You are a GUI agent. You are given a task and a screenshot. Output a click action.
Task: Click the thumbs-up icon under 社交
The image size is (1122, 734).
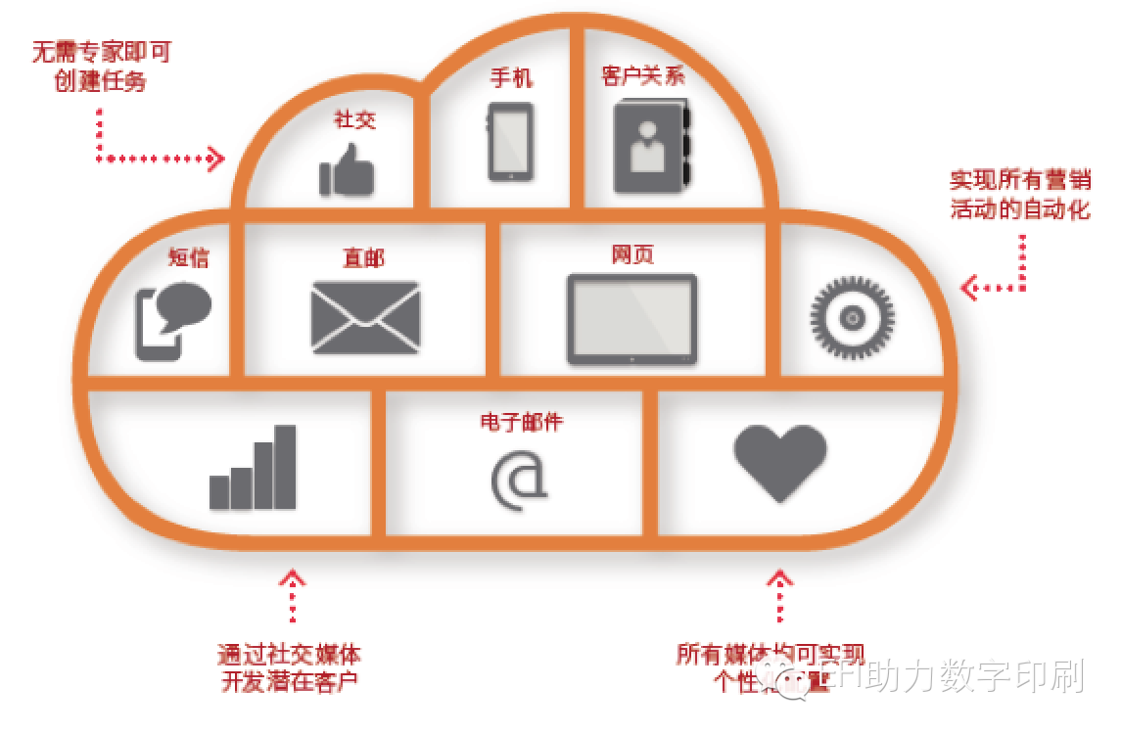pos(347,170)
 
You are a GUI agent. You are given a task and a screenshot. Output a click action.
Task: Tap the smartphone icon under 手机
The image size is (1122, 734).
pos(510,142)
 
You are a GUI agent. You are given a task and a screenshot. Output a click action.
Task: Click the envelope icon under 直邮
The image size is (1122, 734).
pos(364,317)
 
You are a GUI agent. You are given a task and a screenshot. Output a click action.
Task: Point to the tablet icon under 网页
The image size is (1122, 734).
pos(631,317)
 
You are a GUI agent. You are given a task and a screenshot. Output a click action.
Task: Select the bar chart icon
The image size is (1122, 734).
pos(253,468)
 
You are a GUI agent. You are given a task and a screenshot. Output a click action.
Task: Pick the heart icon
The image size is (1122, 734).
pos(780,462)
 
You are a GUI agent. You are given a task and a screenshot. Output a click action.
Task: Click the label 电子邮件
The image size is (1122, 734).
pos(521,422)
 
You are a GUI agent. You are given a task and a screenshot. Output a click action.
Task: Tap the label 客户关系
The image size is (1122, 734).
pos(643,76)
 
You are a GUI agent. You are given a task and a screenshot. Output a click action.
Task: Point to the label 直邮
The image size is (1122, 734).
pos(363,257)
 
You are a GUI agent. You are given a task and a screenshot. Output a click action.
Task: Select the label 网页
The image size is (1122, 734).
pos(632,254)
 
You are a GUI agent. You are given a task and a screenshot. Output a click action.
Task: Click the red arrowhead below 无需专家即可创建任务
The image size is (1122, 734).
pos(216,158)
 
